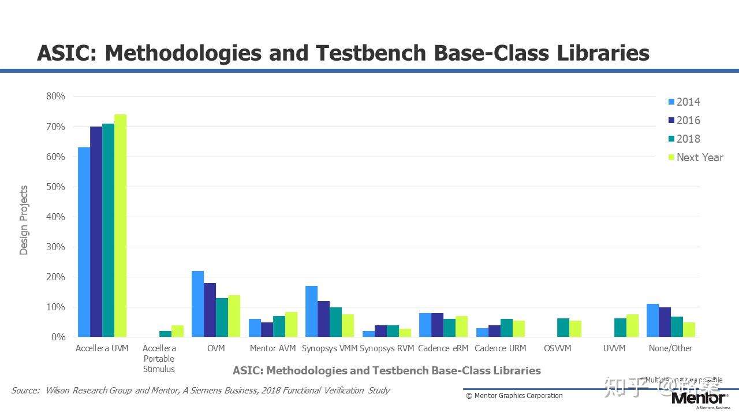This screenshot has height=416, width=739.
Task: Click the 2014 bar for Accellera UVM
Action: tap(84, 242)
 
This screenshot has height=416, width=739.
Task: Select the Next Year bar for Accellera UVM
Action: tap(120, 225)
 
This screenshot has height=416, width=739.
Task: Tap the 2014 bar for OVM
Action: tap(197, 304)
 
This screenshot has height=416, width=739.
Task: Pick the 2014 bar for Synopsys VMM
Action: tap(311, 311)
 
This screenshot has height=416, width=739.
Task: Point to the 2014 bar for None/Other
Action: tap(652, 321)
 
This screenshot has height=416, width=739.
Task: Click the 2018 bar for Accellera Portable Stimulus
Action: tap(165, 334)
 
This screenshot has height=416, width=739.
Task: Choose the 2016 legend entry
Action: tap(688, 120)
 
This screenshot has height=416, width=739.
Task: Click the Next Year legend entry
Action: tap(700, 157)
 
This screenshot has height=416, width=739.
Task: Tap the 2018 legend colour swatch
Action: tap(671, 139)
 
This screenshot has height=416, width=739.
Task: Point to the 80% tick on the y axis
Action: tap(55, 96)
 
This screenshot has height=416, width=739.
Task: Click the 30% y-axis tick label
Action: tap(55, 247)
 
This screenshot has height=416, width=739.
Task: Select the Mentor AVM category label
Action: tap(273, 348)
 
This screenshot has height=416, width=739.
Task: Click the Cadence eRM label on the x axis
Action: tap(443, 348)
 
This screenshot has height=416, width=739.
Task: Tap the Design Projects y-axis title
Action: tap(24, 220)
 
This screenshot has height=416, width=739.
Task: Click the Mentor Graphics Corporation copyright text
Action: tap(514, 396)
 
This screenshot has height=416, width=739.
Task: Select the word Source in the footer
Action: tap(25, 391)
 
